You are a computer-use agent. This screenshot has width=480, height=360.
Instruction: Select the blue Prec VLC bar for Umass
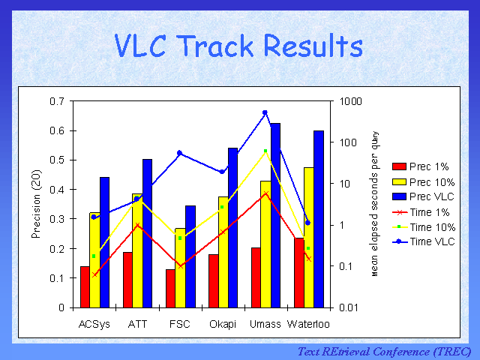pos(275,215)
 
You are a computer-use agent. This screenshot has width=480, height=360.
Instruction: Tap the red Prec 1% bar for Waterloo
pos(299,272)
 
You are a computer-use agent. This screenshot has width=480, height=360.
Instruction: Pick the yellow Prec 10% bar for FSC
pos(180,268)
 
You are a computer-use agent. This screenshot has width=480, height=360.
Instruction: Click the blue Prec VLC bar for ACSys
pos(104,242)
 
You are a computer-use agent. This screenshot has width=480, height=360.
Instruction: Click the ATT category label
pos(137,323)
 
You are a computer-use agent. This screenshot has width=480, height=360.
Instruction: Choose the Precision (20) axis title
pos(35,203)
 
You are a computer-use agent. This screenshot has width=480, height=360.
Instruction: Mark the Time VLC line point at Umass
pos(265,112)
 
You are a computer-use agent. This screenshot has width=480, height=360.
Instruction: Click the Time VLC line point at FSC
pos(179,153)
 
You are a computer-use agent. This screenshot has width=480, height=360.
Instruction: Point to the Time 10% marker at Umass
pos(265,151)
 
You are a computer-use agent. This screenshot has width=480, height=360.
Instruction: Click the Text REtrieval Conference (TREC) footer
pos(384,351)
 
